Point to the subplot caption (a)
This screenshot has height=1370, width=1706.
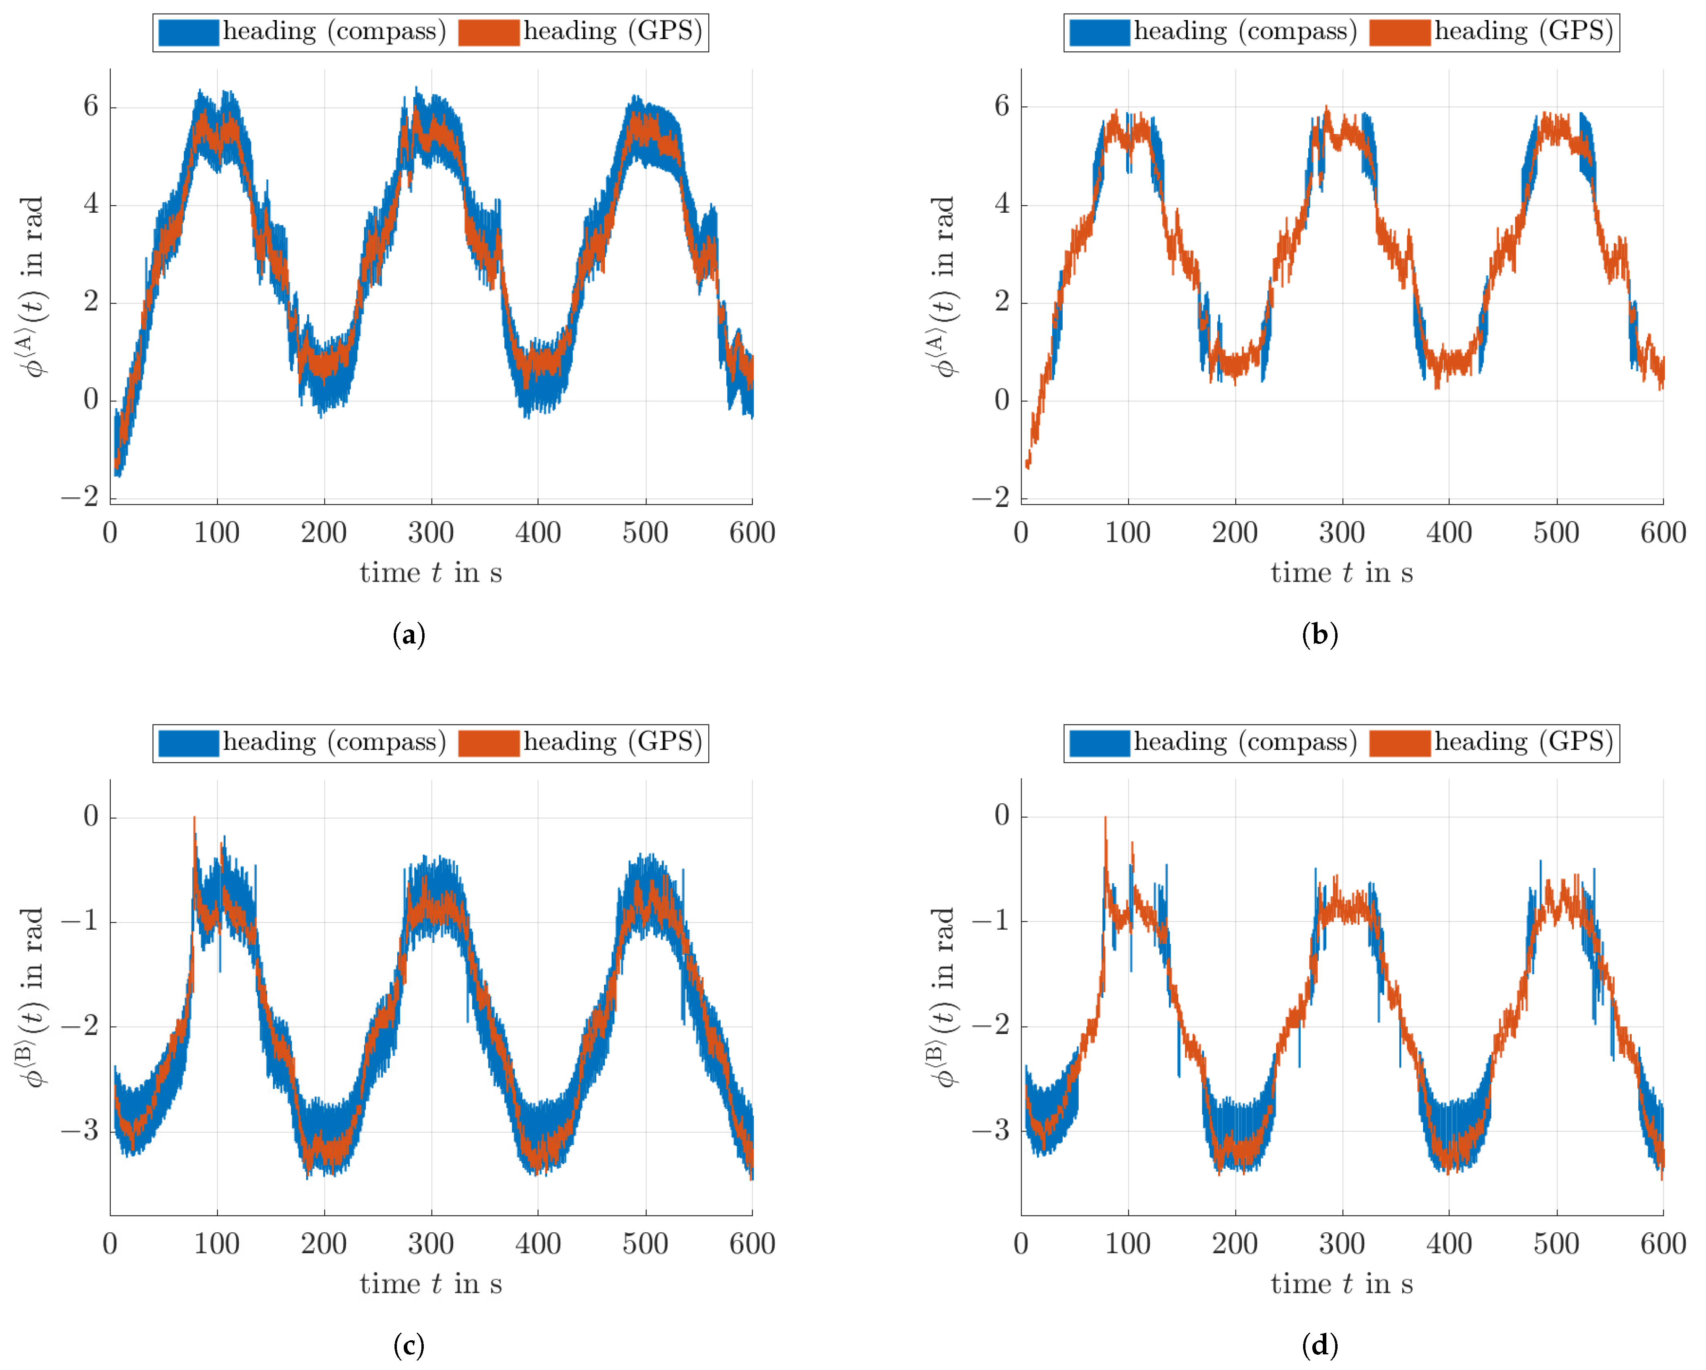click(409, 635)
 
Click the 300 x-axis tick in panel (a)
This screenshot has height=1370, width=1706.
click(431, 533)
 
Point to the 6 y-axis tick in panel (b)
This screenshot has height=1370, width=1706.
click(1002, 106)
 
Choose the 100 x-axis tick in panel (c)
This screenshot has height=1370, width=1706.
click(217, 1244)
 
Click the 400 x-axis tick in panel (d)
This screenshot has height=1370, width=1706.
click(1449, 1244)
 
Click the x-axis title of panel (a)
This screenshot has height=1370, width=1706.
click(431, 572)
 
